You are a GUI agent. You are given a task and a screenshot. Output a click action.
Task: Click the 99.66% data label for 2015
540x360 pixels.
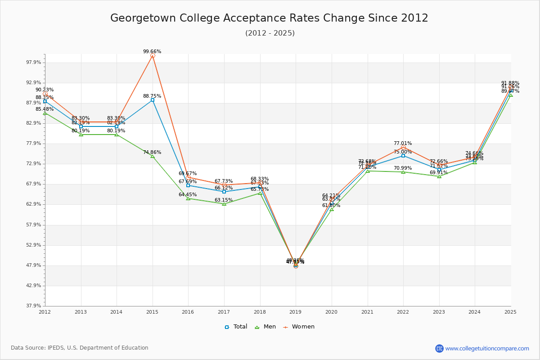tap(152, 52)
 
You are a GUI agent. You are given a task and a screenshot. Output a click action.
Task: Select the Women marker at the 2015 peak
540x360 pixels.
tap(153, 56)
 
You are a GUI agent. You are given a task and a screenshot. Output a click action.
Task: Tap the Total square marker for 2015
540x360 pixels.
tap(153, 100)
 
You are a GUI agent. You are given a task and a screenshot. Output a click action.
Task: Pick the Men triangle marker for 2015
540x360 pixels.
tap(153, 156)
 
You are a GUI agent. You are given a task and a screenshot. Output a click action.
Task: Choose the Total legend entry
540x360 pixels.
tap(236, 327)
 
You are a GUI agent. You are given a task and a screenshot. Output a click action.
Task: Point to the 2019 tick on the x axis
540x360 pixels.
tap(296, 311)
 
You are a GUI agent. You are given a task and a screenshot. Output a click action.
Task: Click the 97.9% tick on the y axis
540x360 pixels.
tap(35, 63)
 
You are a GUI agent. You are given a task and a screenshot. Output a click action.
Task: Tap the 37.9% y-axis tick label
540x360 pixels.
tap(35, 306)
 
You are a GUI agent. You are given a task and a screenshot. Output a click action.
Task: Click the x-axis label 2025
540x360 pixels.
tap(510, 311)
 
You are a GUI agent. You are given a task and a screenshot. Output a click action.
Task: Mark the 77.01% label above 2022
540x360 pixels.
tap(403, 144)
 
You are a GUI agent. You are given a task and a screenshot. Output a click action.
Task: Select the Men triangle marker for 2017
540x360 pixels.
tap(224, 204)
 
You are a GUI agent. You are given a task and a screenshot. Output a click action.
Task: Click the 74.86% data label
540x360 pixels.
tap(152, 153)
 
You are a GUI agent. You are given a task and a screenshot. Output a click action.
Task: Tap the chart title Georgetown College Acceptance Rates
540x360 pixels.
tap(269, 18)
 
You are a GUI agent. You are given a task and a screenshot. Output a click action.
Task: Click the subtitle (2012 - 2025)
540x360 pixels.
tap(270, 33)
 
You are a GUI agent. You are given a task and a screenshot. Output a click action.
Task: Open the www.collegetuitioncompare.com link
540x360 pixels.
tap(487, 348)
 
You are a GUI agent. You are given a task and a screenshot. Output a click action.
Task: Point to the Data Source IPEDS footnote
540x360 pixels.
tap(80, 348)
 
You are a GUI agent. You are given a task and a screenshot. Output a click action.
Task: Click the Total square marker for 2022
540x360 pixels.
tap(403, 156)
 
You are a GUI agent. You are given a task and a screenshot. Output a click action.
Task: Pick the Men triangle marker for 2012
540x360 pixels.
tap(45, 113)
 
